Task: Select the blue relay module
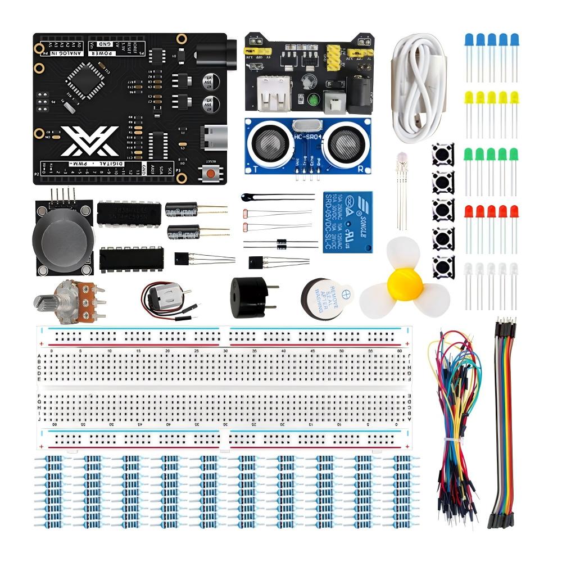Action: [x=347, y=221]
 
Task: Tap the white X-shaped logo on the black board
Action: [x=90, y=141]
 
